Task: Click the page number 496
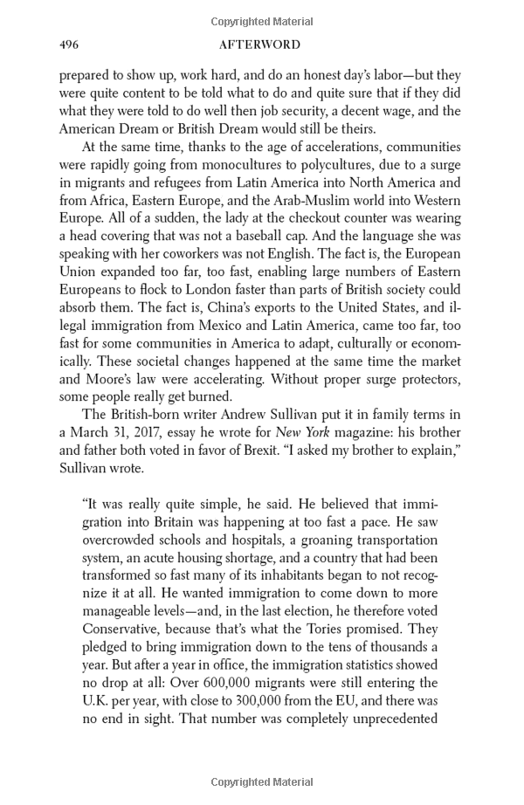[x=70, y=45]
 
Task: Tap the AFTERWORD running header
[x=261, y=45]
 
